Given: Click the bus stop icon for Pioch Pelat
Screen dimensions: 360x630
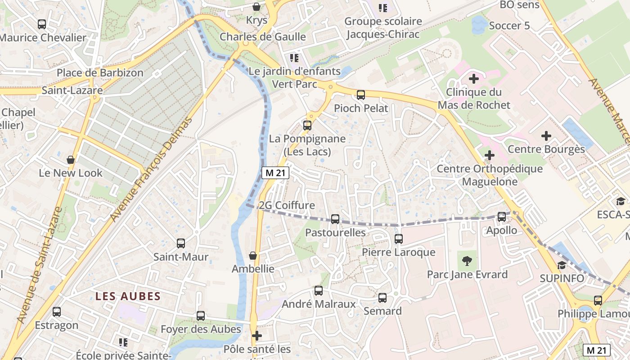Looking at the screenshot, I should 360,94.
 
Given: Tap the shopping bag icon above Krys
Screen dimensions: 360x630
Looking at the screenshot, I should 256,7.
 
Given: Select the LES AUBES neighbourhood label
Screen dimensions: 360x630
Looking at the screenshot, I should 128,296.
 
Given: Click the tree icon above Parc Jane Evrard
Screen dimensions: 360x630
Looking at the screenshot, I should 467,261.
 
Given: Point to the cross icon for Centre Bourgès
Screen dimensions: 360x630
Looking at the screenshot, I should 546,135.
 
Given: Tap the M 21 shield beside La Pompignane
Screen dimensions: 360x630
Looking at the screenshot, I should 275,173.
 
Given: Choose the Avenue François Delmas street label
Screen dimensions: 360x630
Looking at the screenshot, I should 151,170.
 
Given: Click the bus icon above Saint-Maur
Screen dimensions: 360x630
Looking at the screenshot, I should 181,243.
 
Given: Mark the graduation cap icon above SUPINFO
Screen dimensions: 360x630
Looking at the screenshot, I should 561,265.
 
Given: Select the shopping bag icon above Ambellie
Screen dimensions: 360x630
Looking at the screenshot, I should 253,256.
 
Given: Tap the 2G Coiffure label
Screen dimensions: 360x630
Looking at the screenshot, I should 287,205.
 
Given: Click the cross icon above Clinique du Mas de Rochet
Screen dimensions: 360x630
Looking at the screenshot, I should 473,79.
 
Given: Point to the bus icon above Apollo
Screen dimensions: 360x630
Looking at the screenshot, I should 502,217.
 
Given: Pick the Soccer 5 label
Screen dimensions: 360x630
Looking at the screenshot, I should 509,26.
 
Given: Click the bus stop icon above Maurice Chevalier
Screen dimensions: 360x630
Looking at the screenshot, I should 42,24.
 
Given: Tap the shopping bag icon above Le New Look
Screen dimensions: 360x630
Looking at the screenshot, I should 71,160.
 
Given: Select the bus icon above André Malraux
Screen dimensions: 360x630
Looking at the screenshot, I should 319,291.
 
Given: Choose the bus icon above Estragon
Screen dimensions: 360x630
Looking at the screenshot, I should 57,312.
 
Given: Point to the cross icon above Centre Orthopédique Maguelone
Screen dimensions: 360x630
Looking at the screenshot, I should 489,156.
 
